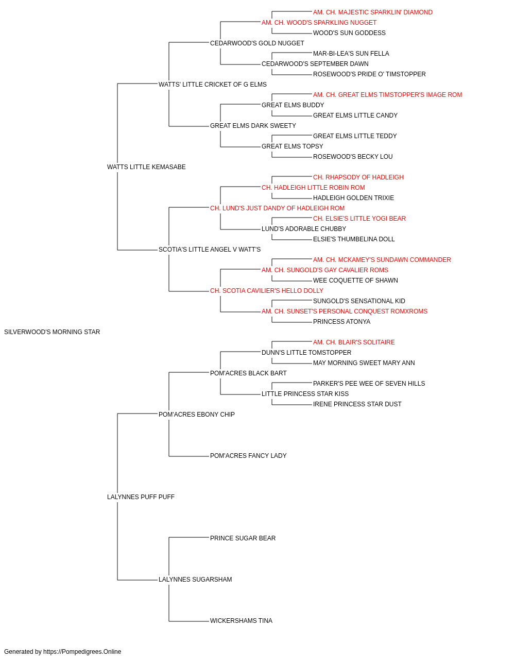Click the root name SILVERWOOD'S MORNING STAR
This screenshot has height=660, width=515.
(x=52, y=332)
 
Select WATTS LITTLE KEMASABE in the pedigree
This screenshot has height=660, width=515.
(x=146, y=167)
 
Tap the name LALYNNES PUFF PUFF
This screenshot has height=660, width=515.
(x=141, y=497)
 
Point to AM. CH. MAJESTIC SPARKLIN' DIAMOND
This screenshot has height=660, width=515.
(x=373, y=12)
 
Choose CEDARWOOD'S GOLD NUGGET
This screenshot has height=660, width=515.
(x=257, y=43)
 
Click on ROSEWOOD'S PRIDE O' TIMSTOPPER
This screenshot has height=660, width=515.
(x=369, y=74)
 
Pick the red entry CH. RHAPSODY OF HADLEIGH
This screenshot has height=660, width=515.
(x=358, y=177)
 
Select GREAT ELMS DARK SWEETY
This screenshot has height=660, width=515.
(x=253, y=126)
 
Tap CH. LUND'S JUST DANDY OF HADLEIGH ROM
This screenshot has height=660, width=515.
(x=277, y=208)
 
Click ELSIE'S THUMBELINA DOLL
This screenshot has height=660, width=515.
(x=354, y=239)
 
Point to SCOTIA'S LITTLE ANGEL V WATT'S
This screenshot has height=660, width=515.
(x=210, y=250)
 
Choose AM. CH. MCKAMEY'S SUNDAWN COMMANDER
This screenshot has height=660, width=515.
(x=382, y=260)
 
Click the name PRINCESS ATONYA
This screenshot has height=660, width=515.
(x=341, y=322)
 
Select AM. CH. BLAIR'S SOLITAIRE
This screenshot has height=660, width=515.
(x=354, y=342)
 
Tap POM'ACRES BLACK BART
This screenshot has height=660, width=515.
(x=248, y=373)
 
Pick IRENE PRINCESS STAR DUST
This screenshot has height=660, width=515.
(x=357, y=404)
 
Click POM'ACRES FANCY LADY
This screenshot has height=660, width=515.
(x=248, y=456)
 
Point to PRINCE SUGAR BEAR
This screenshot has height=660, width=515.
(x=243, y=538)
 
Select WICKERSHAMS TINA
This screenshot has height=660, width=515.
(x=241, y=621)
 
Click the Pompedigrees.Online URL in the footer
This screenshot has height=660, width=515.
(x=82, y=652)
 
